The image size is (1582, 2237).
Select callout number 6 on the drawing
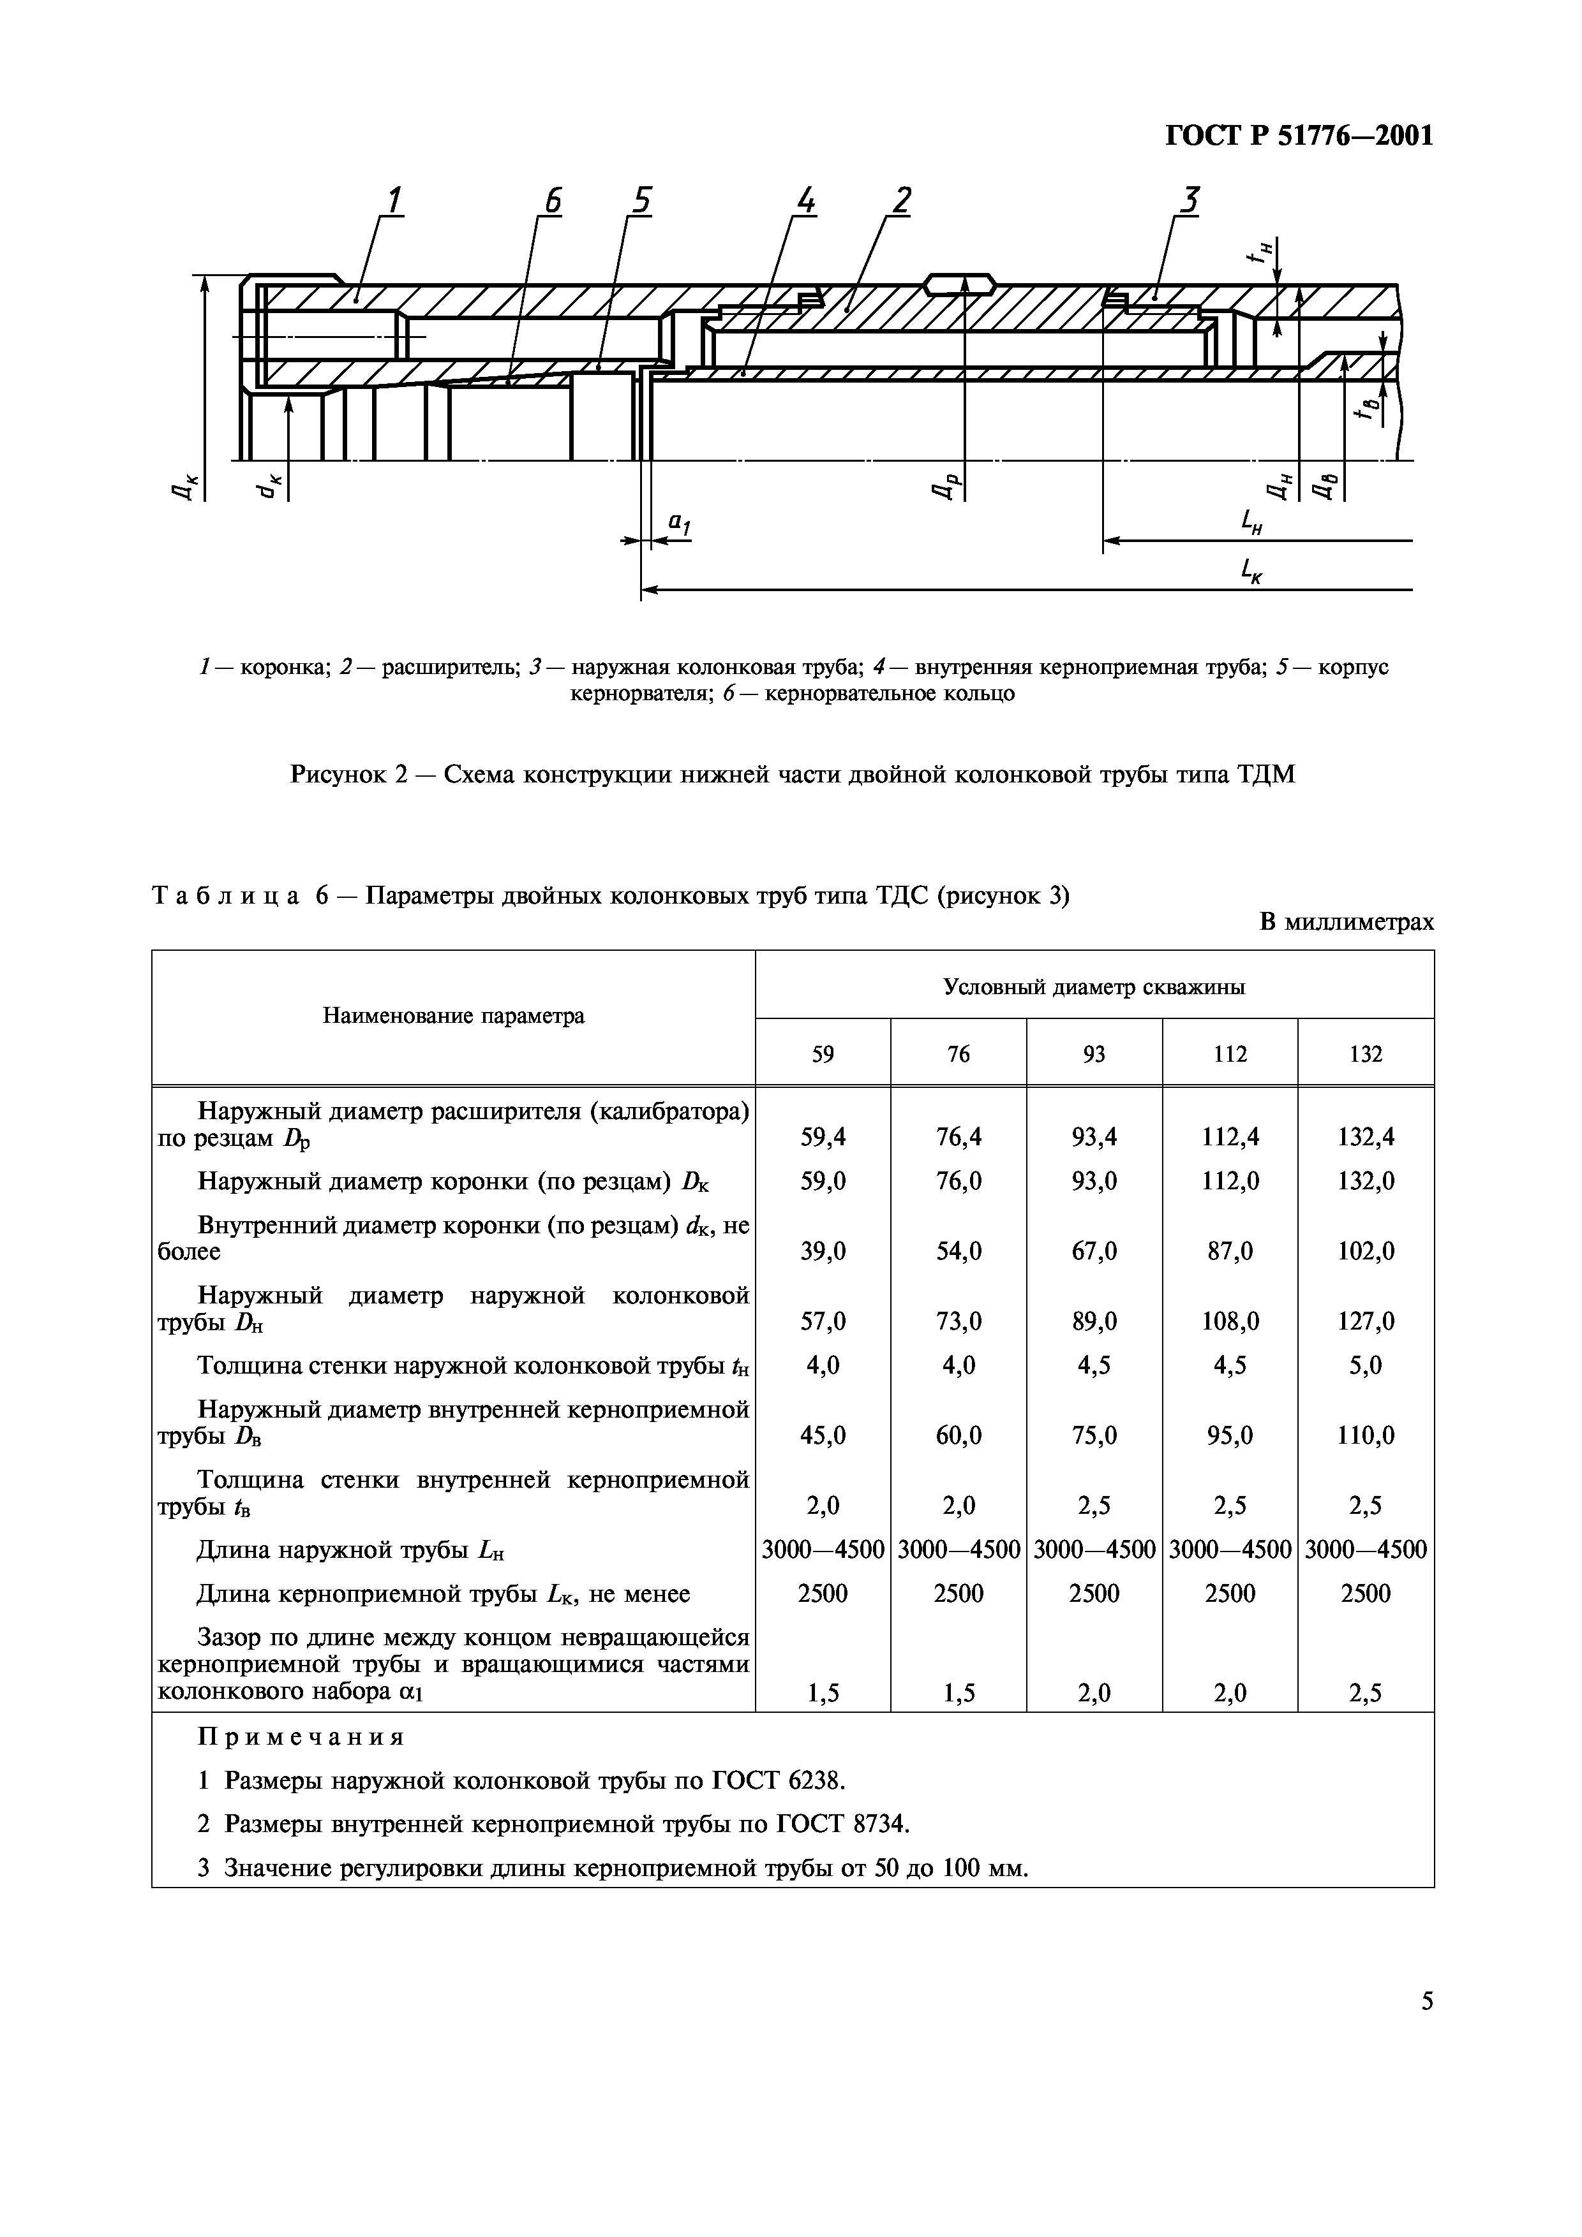[x=553, y=201]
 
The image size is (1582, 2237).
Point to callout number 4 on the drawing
[x=805, y=201]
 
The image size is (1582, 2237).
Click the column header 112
[x=1229, y=1054]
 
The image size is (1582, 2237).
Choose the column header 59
[x=823, y=1054]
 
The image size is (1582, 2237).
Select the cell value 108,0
[x=1229, y=1321]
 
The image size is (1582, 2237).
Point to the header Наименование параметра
[x=453, y=1016]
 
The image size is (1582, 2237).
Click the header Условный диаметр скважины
[x=1094, y=987]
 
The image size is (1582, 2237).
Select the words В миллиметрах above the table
[x=1346, y=921]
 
